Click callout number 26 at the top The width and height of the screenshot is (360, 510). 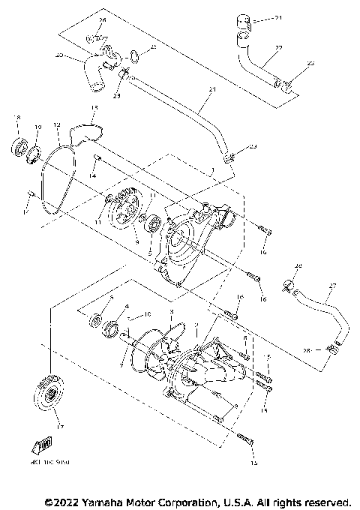(103, 19)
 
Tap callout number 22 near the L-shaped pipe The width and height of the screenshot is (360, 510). (278, 48)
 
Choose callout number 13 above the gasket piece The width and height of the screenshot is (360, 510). (94, 107)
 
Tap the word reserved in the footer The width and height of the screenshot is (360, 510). (326, 501)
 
